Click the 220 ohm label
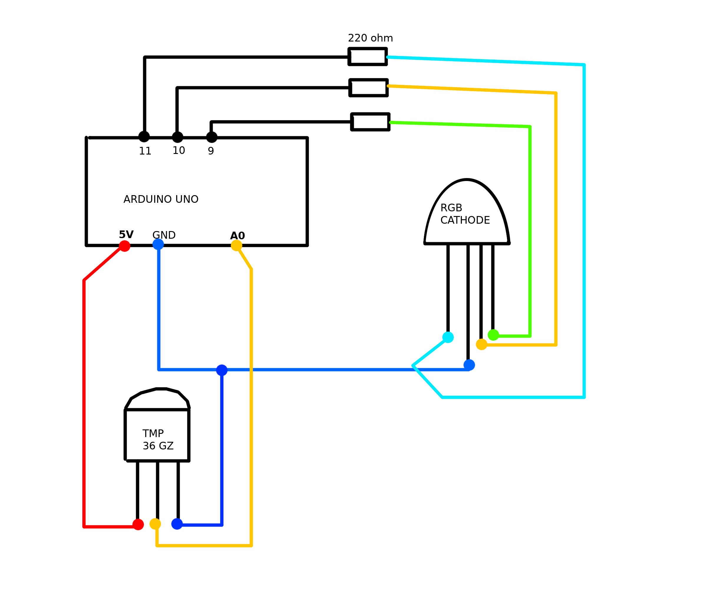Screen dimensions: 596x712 click(x=370, y=38)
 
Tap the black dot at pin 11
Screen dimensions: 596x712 click(x=144, y=137)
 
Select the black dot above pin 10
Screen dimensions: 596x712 click(x=177, y=137)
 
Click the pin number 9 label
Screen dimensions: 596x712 click(x=211, y=151)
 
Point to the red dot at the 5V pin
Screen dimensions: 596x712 click(x=124, y=246)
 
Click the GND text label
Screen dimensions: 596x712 click(x=164, y=235)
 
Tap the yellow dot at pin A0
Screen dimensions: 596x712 click(x=236, y=245)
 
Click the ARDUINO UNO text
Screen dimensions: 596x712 click(x=161, y=199)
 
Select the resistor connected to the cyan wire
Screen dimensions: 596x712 click(x=368, y=57)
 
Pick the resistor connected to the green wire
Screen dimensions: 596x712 click(x=370, y=122)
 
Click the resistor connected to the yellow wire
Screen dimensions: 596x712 click(x=369, y=88)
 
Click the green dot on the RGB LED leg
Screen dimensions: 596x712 click(x=493, y=335)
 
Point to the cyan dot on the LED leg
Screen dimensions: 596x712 click(x=448, y=337)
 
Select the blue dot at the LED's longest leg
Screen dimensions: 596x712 click(x=469, y=365)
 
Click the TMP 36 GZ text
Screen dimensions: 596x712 click(x=158, y=439)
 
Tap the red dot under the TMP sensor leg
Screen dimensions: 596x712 click(x=138, y=524)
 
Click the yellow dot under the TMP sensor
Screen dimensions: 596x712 click(x=155, y=524)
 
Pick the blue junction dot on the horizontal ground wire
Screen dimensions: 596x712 click(x=222, y=370)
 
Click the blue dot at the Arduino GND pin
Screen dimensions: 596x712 click(x=158, y=244)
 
